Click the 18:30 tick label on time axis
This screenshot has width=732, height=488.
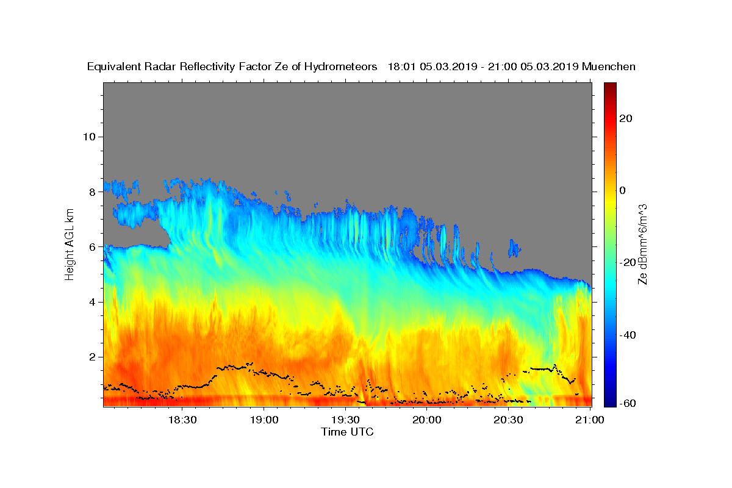(x=182, y=420)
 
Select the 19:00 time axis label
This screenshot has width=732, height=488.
(x=264, y=420)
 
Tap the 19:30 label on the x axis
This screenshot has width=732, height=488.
(x=345, y=420)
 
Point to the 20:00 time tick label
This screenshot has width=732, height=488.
(x=427, y=420)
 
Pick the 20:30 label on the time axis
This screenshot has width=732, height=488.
(x=509, y=420)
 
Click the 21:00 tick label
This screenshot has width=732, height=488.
(x=590, y=420)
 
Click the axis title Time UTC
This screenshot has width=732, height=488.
(x=347, y=432)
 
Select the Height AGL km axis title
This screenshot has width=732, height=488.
(x=70, y=244)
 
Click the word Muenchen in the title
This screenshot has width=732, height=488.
(x=609, y=66)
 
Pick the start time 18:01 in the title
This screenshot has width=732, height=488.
(x=401, y=66)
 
